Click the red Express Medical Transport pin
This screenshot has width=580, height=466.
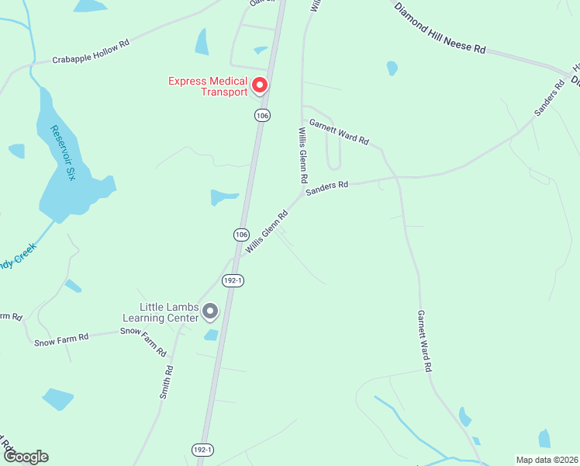[x=260, y=85]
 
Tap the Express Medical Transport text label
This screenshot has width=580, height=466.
[x=209, y=86]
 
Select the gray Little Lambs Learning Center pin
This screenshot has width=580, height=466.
[x=209, y=311]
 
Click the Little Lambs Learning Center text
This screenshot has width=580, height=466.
[x=166, y=312]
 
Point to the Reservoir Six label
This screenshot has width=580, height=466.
[x=63, y=153]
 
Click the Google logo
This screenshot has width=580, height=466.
[x=25, y=457]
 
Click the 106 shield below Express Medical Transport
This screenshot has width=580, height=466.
[x=262, y=115]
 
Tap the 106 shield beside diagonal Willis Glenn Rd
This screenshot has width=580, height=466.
[x=241, y=234]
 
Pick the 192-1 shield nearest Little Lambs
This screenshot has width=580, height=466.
[x=233, y=281]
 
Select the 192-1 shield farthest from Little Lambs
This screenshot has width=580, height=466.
[x=201, y=450]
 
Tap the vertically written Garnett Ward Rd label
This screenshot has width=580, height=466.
[x=424, y=341]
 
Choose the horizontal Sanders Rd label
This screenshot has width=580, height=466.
[x=326, y=187]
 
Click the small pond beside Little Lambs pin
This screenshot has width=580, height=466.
[x=211, y=335]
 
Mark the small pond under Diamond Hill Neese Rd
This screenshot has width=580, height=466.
[x=392, y=68]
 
